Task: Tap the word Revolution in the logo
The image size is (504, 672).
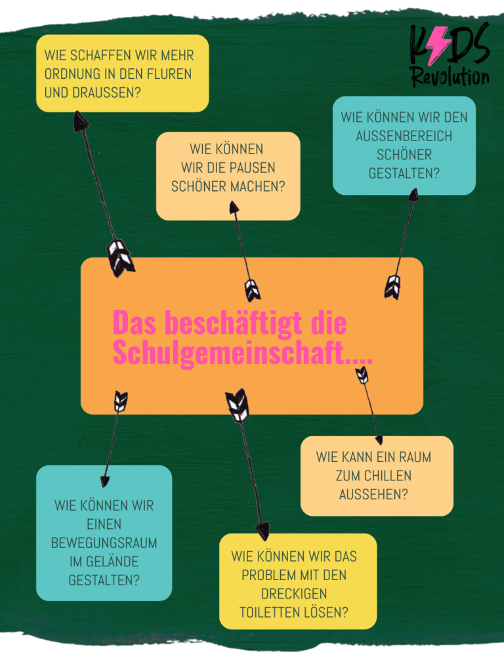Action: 450,77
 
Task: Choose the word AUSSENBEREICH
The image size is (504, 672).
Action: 404,136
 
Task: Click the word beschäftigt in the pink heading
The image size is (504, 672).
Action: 234,323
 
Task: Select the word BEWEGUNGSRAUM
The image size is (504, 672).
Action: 104,543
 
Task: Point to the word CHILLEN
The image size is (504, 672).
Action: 383,476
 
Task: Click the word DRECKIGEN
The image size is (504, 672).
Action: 294,593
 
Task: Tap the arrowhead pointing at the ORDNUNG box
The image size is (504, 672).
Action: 80,121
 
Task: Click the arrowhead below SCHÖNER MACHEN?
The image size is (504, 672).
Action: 234,208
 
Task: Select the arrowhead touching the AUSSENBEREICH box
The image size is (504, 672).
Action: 413,194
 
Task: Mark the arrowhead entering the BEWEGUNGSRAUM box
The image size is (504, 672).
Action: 104,481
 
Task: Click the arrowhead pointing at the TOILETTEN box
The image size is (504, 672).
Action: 262,530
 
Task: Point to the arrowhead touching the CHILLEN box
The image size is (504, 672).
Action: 379,440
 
